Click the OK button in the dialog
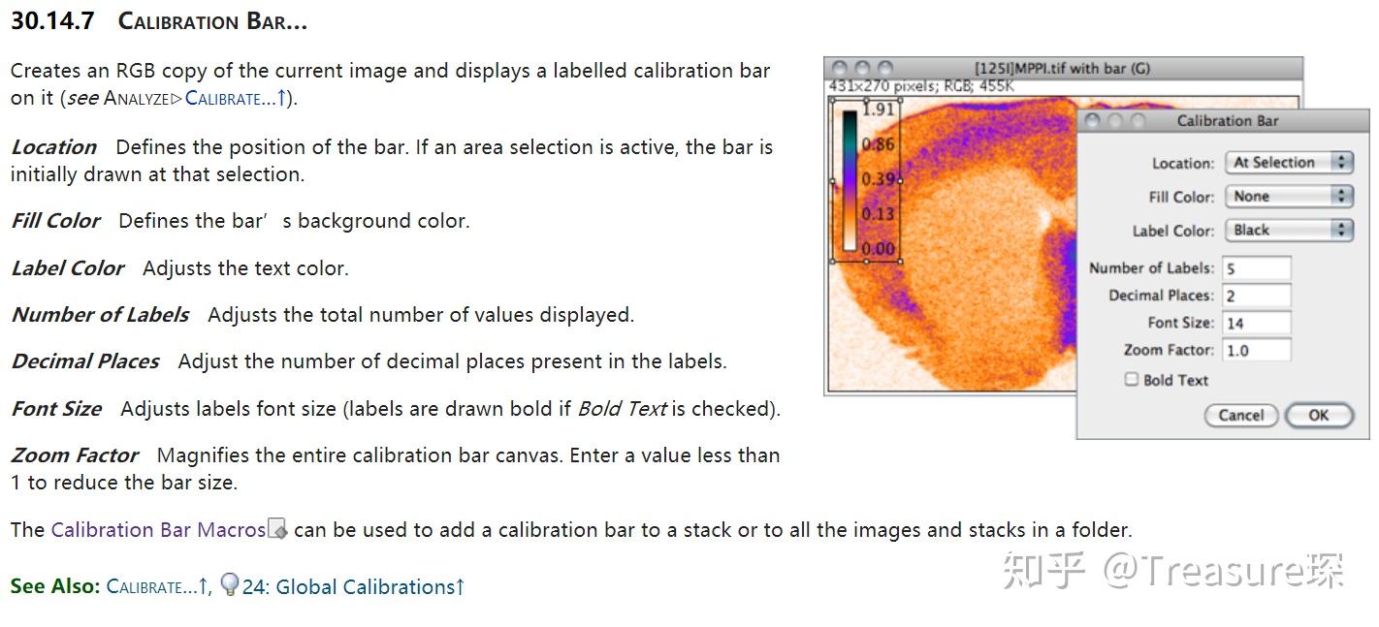(x=1318, y=415)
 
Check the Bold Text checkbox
(x=1132, y=380)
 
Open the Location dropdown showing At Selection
(x=1288, y=163)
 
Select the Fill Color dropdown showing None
(x=1288, y=197)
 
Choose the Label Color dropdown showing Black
(x=1288, y=231)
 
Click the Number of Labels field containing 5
(x=1257, y=268)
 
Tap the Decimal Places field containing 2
(x=1257, y=296)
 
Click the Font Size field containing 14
(x=1257, y=323)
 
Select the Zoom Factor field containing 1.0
(x=1257, y=350)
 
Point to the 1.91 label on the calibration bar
(x=878, y=110)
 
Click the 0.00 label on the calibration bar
(x=878, y=249)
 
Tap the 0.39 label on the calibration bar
(x=878, y=179)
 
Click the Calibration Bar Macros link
(x=158, y=530)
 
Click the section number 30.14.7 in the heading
(x=52, y=21)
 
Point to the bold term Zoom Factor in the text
(x=75, y=455)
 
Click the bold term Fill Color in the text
(x=55, y=221)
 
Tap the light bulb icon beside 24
(x=230, y=584)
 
